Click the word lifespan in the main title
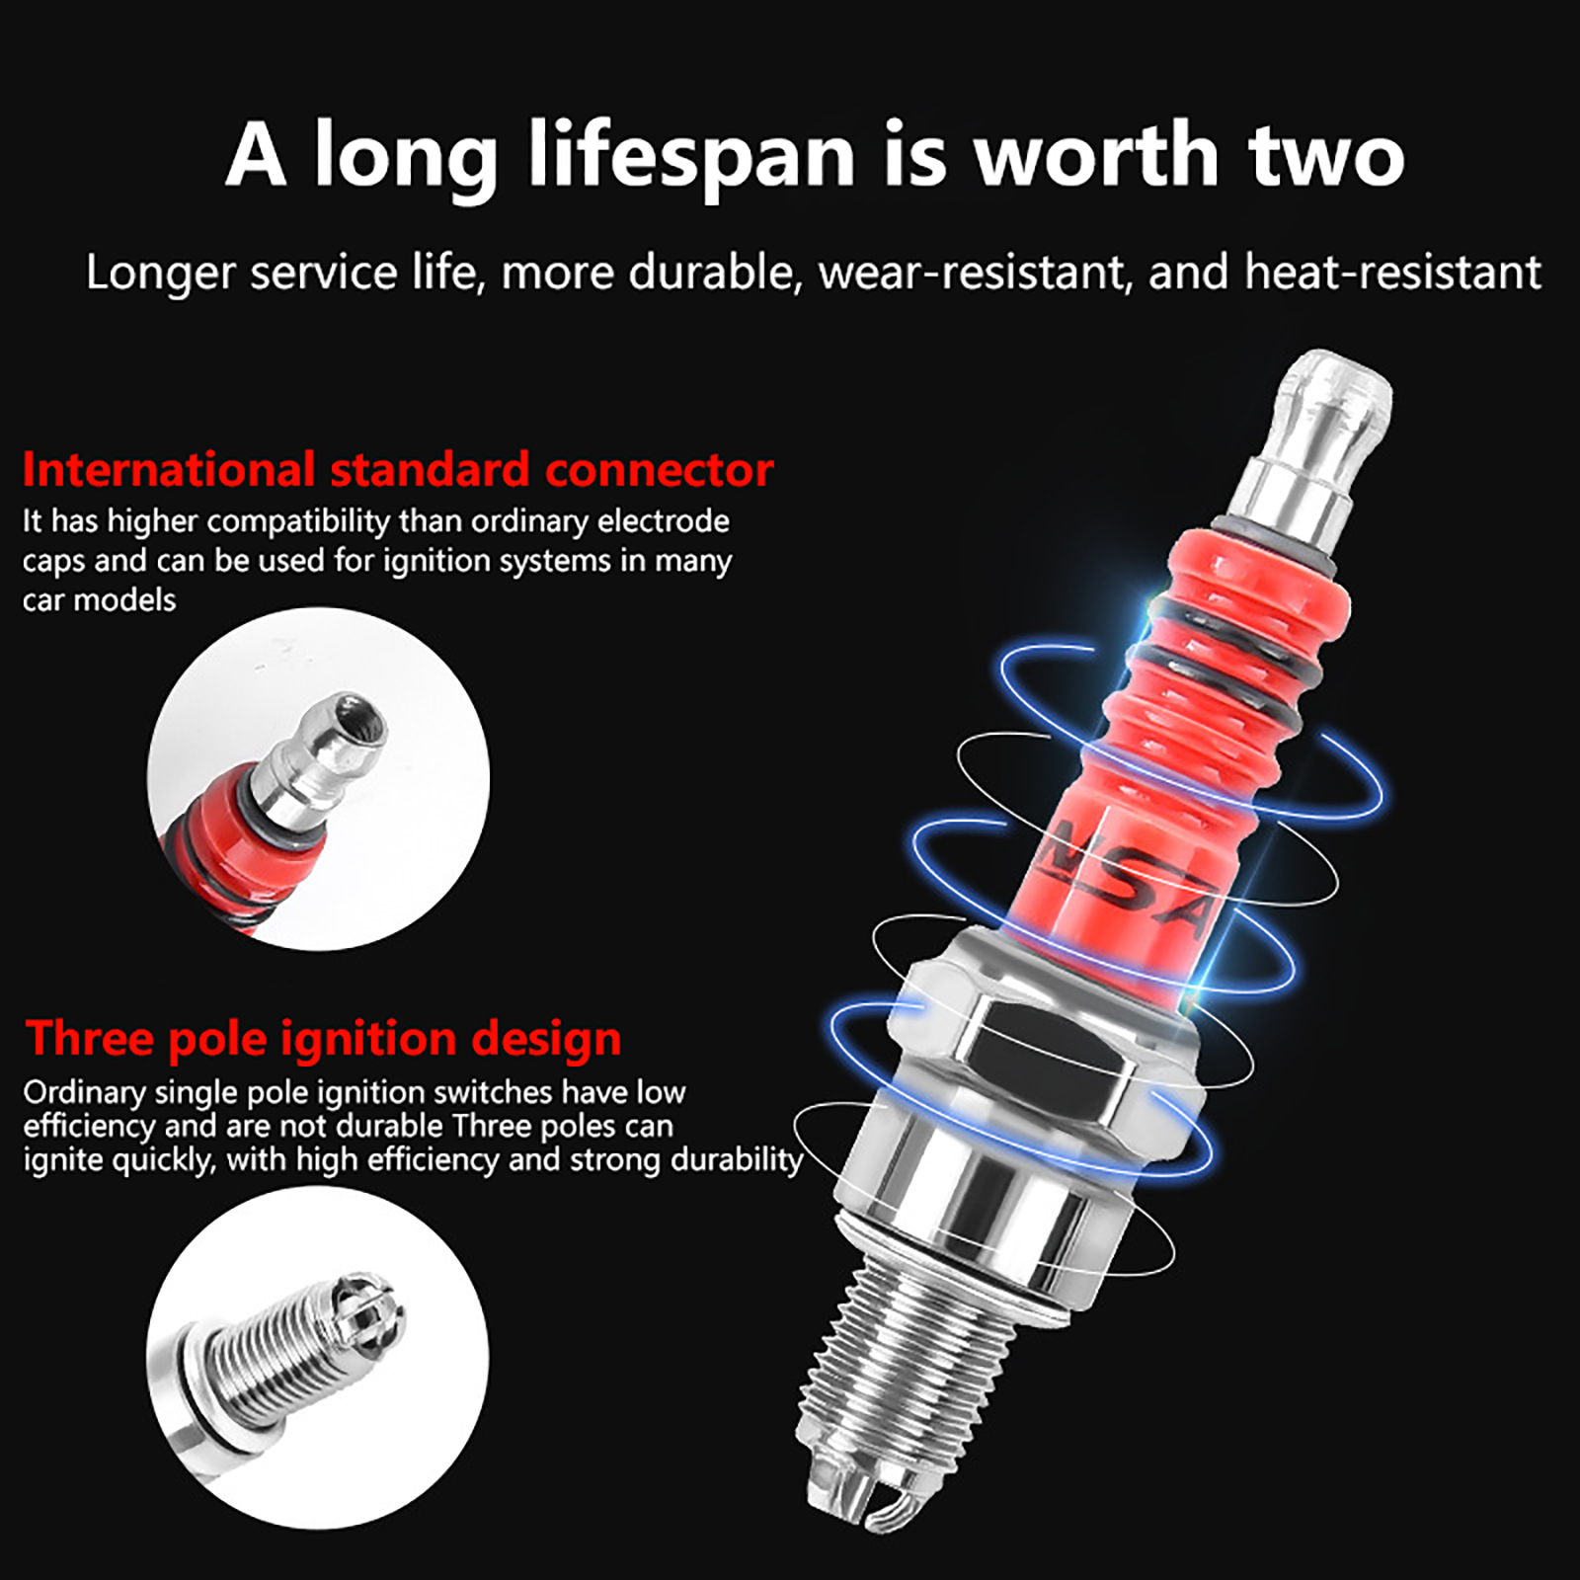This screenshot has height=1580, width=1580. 692,155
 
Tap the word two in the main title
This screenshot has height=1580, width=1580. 1326,157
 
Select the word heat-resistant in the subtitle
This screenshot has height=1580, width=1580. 1392,272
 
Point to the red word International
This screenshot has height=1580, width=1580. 169,469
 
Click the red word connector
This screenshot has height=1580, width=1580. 660,470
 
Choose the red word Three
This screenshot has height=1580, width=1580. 90,1038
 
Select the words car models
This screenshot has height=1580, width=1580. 99,599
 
